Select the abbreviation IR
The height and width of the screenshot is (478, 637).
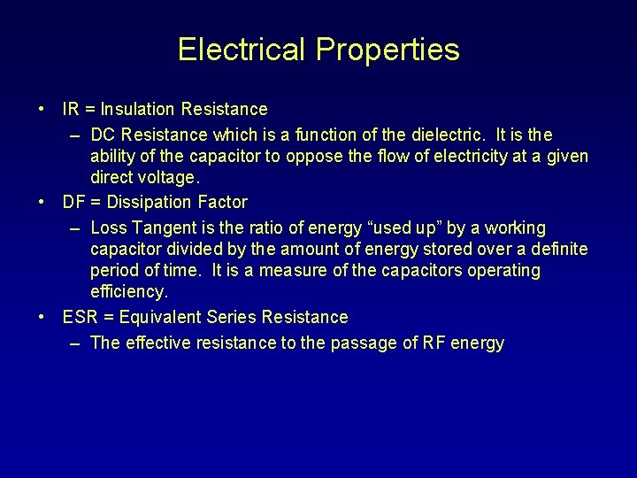[x=71, y=109]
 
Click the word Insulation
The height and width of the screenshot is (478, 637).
[x=138, y=109]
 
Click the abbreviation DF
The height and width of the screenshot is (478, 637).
[x=73, y=202]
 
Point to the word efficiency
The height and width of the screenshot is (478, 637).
[x=128, y=291]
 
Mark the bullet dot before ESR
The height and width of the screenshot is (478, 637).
[x=42, y=317]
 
